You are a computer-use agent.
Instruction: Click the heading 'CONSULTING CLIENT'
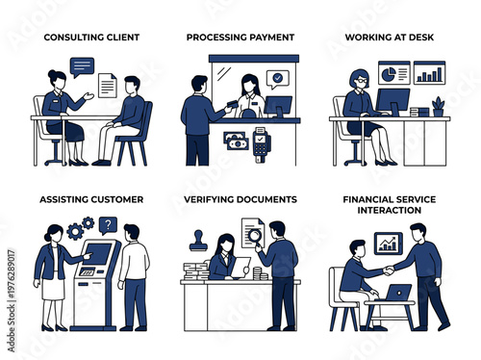[92, 38]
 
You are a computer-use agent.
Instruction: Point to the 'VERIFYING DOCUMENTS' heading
[240, 199]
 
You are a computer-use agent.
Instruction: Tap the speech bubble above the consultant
[83, 67]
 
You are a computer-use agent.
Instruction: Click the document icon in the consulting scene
[106, 86]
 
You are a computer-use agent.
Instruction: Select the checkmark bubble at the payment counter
[277, 77]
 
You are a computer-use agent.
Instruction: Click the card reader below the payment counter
[261, 143]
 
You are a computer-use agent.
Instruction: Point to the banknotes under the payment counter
[235, 141]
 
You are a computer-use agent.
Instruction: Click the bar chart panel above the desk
[428, 73]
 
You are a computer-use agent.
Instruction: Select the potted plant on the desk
[438, 106]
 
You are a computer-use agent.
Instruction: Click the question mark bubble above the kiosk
[107, 226]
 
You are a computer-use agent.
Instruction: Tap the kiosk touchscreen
[98, 256]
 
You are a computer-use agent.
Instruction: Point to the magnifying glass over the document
[255, 233]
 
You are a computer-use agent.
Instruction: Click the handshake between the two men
[387, 271]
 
